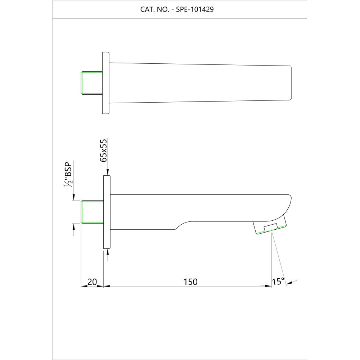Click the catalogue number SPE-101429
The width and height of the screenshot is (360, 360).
(195, 10)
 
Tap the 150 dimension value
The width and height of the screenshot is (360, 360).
(190, 282)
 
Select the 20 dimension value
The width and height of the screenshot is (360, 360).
(92, 282)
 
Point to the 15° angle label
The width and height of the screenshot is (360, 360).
(278, 282)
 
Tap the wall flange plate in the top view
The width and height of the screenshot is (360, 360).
(106, 83)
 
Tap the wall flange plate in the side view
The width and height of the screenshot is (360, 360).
(107, 212)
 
